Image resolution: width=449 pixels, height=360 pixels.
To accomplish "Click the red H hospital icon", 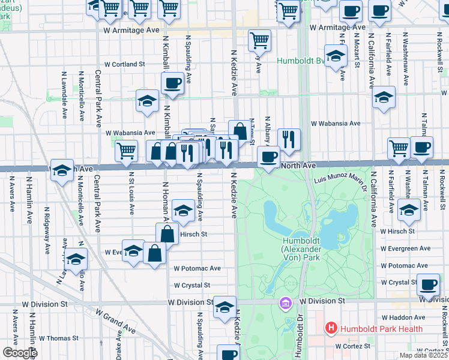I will [330, 328].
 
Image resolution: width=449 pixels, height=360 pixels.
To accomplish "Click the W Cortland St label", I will [125, 64].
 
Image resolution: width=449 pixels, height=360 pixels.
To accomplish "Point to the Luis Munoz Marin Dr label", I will [340, 179].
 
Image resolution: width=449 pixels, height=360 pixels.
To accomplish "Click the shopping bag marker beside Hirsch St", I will [167, 233].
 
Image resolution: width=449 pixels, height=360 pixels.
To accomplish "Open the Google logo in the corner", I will [20, 352].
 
